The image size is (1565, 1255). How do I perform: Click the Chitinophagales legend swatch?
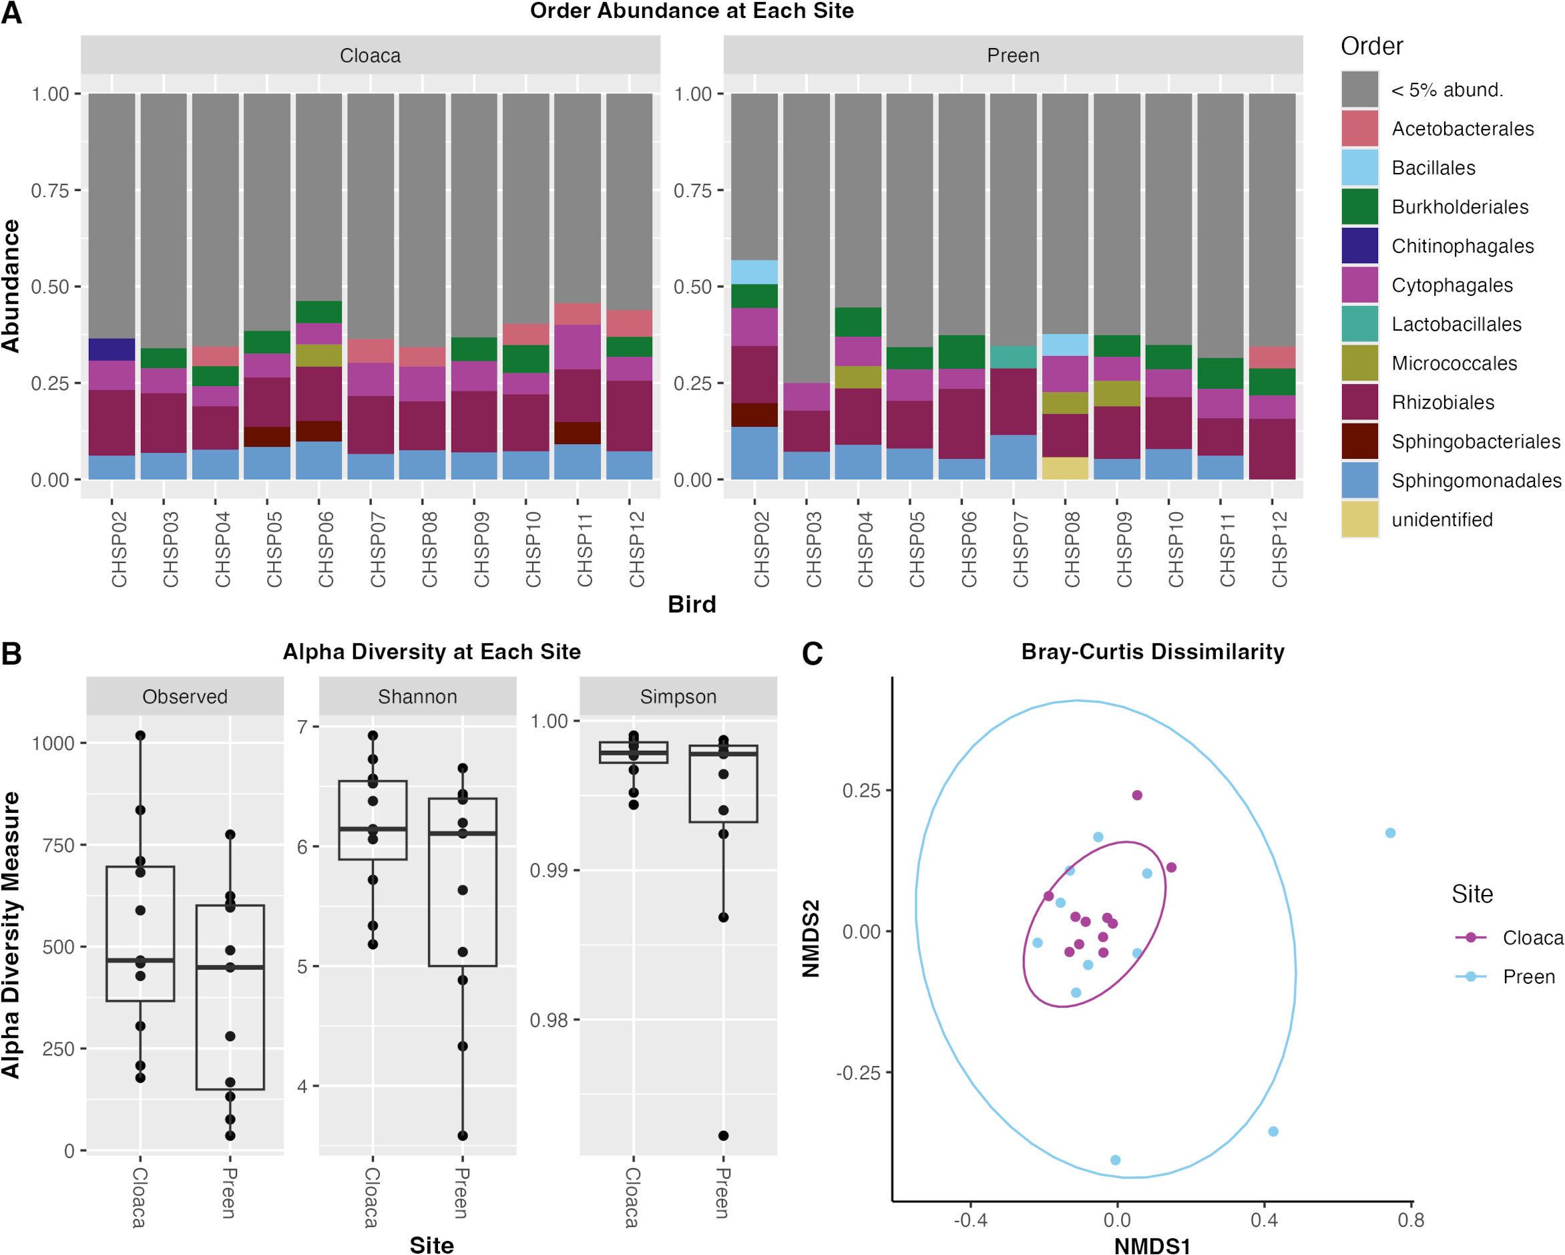tap(1359, 246)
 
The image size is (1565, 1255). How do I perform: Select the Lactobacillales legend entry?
tap(1456, 324)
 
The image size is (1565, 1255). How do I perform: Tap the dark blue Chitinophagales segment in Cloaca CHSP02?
tap(111, 349)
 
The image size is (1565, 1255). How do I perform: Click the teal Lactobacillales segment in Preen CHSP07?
tap(1014, 357)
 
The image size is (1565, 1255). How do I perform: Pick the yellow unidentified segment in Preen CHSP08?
tap(1065, 468)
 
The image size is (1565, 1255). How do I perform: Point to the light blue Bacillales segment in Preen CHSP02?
tap(754, 273)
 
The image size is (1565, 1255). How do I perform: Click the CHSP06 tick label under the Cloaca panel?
tap(325, 549)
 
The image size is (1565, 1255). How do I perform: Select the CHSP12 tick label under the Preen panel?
tap(1279, 549)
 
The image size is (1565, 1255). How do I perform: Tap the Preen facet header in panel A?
tap(1013, 55)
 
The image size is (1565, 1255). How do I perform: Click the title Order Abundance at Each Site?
tap(691, 11)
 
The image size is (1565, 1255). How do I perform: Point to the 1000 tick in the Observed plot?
tap(53, 743)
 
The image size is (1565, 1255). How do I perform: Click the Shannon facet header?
tap(417, 697)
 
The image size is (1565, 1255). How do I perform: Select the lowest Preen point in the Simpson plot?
tap(723, 1136)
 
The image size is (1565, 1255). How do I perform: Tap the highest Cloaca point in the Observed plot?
tap(140, 736)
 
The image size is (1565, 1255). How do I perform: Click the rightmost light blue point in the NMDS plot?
tap(1389, 833)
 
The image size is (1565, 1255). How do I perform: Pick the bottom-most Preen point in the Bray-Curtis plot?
tap(1115, 1160)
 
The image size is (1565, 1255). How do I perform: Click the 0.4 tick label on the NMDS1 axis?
tap(1264, 1220)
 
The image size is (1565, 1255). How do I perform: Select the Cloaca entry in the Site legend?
tap(1532, 938)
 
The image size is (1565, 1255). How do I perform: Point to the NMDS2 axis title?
tap(811, 938)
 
